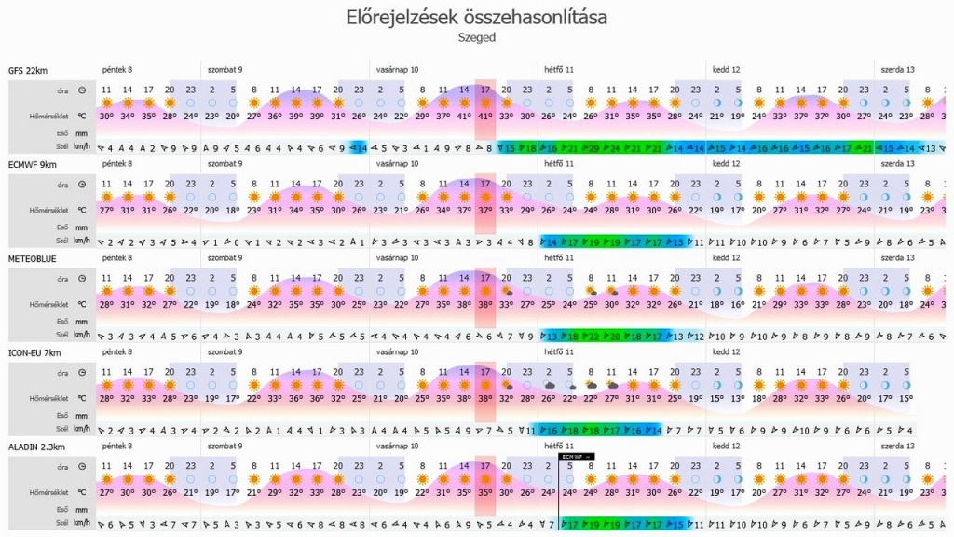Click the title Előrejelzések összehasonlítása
point(476,17)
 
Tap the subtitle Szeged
point(476,38)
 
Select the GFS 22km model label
point(27,70)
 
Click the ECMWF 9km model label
point(31,163)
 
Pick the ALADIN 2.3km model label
point(34,447)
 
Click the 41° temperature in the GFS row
point(484,117)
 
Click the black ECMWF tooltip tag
point(576,456)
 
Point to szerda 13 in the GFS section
point(897,70)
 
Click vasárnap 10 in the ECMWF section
point(397,163)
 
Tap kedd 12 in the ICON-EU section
point(726,352)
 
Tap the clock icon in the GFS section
point(82,90)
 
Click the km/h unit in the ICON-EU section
point(82,431)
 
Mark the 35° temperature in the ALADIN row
point(484,492)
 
